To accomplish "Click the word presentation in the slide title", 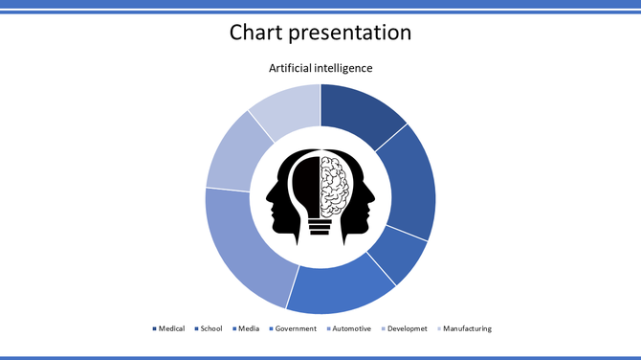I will (354, 33).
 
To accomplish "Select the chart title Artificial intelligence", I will (320, 68).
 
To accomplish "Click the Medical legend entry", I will (171, 328).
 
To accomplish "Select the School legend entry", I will (210, 328).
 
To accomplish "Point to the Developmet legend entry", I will (406, 328).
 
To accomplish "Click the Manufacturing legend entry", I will (467, 328).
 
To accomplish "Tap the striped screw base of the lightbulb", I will (320, 225).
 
